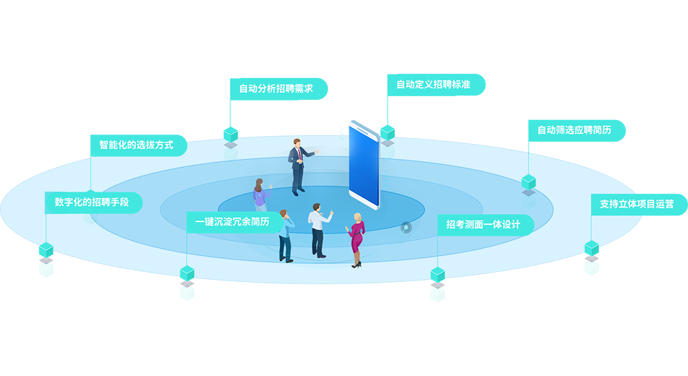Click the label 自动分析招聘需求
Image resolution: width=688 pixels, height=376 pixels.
point(276,89)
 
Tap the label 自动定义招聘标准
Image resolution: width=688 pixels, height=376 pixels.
point(433,85)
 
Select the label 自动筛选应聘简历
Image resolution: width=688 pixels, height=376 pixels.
point(574,130)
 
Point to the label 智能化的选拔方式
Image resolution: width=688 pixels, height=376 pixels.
point(136,145)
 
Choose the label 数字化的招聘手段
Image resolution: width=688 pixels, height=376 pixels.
point(92,202)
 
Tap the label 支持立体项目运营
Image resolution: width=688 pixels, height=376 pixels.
point(636,204)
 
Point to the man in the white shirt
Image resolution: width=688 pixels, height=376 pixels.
point(318,229)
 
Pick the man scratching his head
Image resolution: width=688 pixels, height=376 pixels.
point(285,235)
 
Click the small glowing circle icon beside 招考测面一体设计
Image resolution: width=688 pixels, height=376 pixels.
point(407,228)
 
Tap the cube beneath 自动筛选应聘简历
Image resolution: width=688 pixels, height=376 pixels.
point(529,181)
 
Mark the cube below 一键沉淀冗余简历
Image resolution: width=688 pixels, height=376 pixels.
point(186,273)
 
